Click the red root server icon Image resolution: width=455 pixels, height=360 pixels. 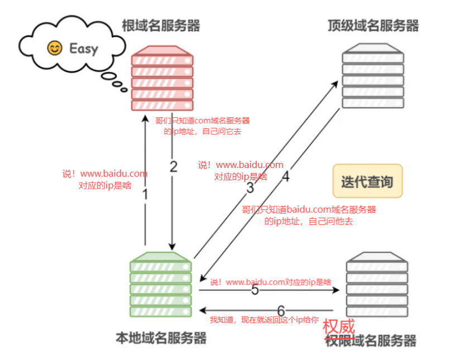click(x=162, y=78)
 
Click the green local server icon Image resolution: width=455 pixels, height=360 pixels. click(x=161, y=284)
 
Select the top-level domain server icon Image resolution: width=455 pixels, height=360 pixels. click(x=372, y=78)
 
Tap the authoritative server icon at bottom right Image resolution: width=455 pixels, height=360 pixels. click(x=376, y=284)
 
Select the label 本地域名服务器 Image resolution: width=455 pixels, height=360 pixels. click(x=161, y=338)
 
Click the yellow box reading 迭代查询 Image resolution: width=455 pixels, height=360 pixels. click(x=367, y=181)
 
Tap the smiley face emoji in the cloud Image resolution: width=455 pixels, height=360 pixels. click(x=54, y=49)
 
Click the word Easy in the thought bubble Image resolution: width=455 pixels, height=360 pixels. click(x=83, y=49)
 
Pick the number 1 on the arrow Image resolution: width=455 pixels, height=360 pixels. click(x=145, y=195)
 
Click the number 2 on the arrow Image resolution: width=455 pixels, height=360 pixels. click(x=174, y=166)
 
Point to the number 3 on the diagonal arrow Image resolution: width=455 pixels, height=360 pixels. click(x=250, y=188)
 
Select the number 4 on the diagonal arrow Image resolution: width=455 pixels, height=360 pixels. click(x=285, y=177)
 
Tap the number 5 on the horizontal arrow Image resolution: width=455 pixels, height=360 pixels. click(x=255, y=290)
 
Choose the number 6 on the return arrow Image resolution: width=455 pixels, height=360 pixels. click(x=281, y=310)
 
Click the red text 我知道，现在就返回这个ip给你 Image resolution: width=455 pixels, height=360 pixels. click(x=264, y=320)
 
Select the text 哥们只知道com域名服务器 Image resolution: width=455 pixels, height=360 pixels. click(x=202, y=121)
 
